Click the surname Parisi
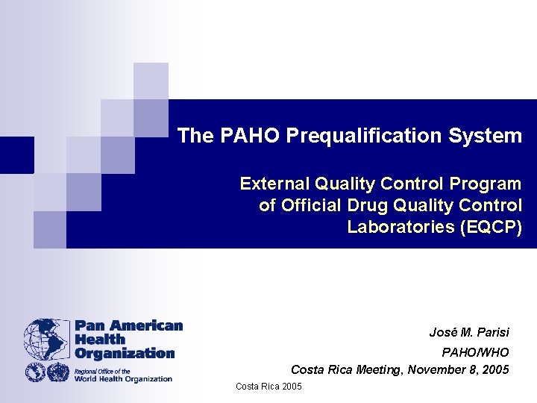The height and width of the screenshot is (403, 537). click(x=490, y=332)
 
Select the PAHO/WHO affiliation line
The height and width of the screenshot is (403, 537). click(x=476, y=352)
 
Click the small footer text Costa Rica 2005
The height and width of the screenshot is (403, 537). click(x=268, y=387)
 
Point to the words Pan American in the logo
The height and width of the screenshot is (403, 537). click(x=128, y=326)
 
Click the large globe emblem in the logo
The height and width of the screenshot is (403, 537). click(x=46, y=340)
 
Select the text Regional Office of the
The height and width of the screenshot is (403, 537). click(x=102, y=371)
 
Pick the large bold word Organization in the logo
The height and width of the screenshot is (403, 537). click(x=124, y=353)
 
